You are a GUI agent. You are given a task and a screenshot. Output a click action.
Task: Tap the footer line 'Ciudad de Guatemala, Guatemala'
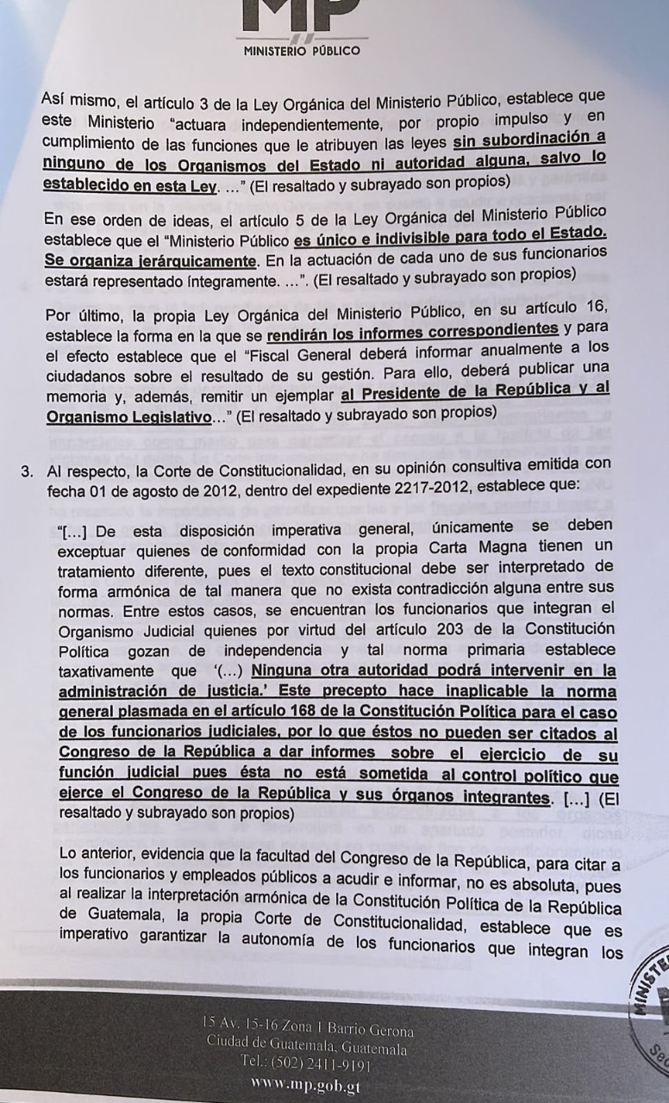(308, 1049)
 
